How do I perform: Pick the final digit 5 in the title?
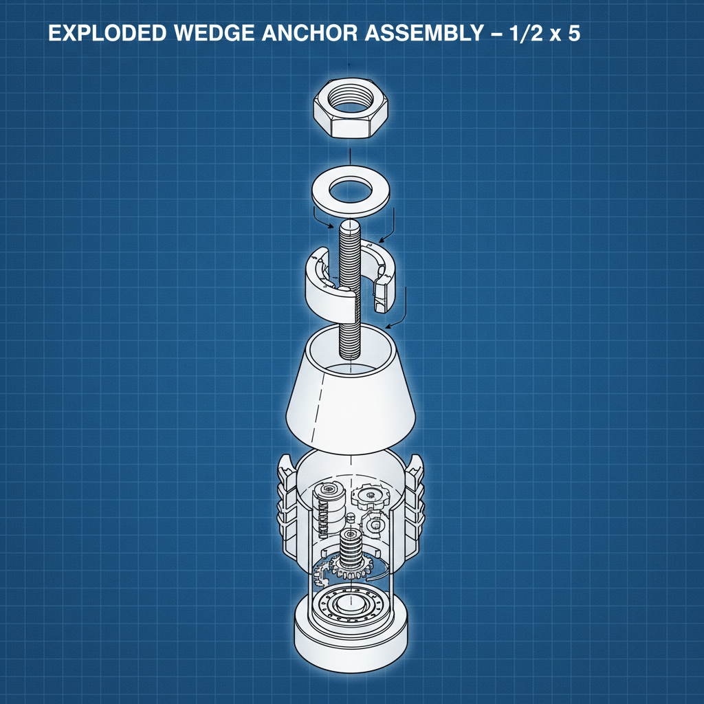[x=573, y=34]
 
